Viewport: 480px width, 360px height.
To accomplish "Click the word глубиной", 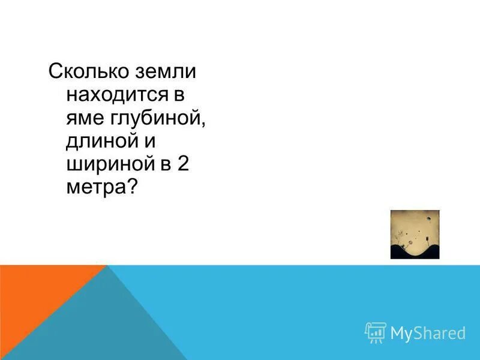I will [157, 119].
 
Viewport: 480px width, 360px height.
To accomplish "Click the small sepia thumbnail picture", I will [415, 234].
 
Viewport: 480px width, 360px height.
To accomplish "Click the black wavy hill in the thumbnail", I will [415, 251].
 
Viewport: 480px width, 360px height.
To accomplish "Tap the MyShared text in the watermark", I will [428, 333].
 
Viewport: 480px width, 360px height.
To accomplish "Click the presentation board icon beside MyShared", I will [376, 332].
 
